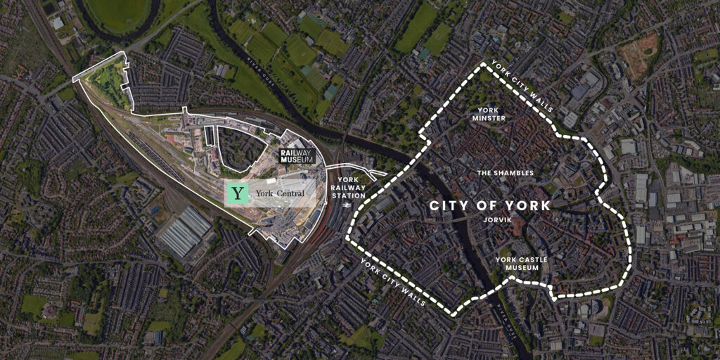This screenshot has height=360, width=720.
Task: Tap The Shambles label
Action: [x=505, y=172]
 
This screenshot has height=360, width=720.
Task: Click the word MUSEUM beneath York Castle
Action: [x=521, y=268]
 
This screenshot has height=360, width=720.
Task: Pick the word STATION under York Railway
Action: [x=349, y=195]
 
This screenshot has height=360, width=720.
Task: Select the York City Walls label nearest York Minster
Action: [x=522, y=85]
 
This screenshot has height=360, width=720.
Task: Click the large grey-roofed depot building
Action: [x=184, y=231]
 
